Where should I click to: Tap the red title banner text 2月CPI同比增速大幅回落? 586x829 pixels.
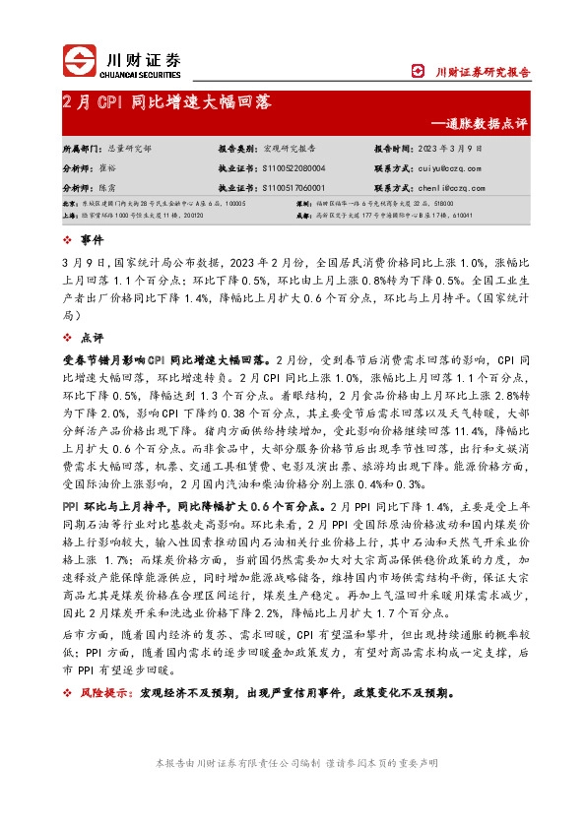166,101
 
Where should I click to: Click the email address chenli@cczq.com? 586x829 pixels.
459,186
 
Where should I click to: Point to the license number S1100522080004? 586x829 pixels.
293,168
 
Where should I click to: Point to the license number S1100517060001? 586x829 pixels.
293,186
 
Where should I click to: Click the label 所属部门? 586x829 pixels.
80,150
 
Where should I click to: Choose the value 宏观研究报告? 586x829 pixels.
290,150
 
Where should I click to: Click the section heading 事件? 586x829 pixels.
91,240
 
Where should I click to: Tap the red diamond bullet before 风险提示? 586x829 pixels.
66,692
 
